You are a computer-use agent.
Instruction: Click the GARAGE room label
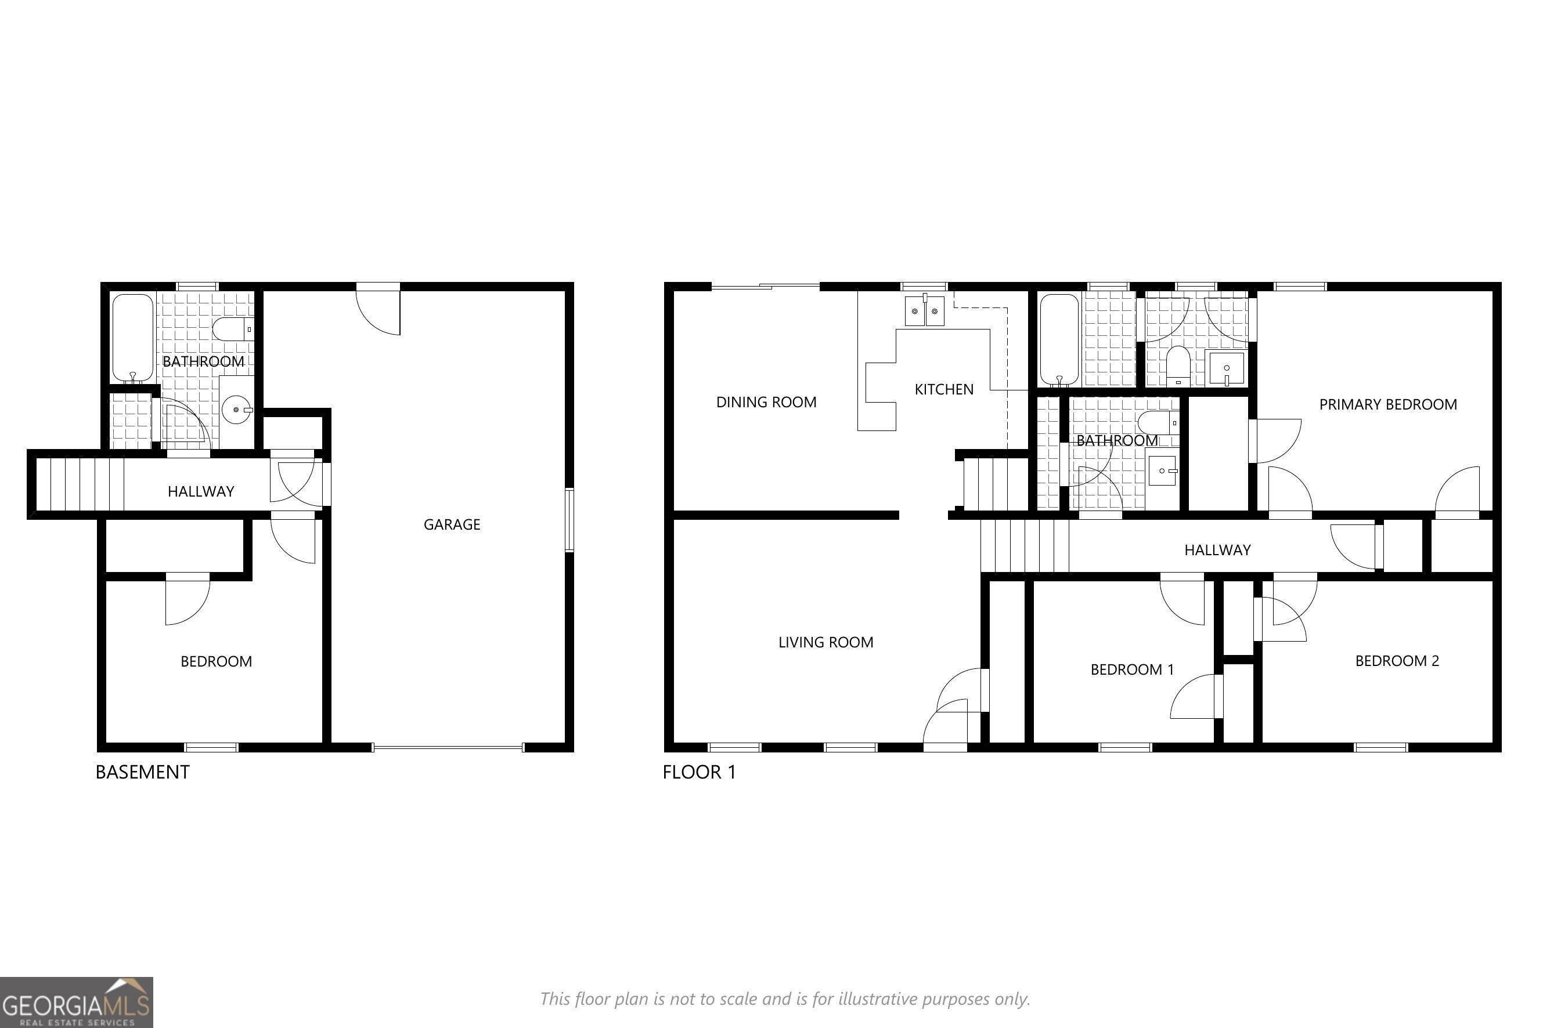(x=452, y=524)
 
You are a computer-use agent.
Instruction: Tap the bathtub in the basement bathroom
(x=132, y=338)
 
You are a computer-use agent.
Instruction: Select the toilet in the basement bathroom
(x=232, y=329)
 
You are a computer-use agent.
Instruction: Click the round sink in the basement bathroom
(x=237, y=410)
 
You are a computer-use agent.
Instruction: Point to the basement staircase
(x=79, y=484)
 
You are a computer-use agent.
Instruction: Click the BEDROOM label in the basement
(x=216, y=661)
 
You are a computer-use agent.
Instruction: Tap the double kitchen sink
(x=924, y=311)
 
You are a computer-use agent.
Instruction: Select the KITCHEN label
(x=943, y=389)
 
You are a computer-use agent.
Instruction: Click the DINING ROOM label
(x=766, y=402)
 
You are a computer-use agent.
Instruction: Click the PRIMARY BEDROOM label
(x=1387, y=404)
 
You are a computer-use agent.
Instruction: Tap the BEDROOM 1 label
(x=1131, y=669)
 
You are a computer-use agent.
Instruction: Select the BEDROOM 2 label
(x=1397, y=661)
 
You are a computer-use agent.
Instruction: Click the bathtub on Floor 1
(x=1059, y=339)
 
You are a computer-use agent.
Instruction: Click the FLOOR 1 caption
(x=699, y=772)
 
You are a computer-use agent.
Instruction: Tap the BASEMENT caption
(x=142, y=772)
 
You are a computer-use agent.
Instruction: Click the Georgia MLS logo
(x=76, y=1002)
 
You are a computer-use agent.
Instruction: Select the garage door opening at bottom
(x=448, y=747)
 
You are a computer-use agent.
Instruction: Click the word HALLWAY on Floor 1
(x=1217, y=550)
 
